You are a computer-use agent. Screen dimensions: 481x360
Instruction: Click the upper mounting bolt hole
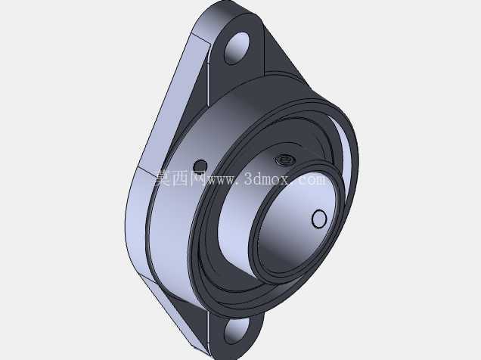click(x=237, y=48)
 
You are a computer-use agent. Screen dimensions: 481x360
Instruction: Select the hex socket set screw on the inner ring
click(x=284, y=160)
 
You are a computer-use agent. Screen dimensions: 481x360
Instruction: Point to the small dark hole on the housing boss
click(x=200, y=166)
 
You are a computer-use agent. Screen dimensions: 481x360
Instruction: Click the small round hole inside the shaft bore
click(x=319, y=219)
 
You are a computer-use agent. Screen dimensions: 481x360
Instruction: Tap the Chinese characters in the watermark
click(x=180, y=178)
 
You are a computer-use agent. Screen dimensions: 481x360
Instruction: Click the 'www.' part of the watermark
click(x=222, y=180)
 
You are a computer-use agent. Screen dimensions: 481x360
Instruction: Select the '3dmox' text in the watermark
click(x=266, y=178)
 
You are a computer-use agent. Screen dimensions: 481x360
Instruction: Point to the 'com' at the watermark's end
click(x=312, y=179)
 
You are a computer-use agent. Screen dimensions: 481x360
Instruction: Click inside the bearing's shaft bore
click(x=294, y=227)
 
